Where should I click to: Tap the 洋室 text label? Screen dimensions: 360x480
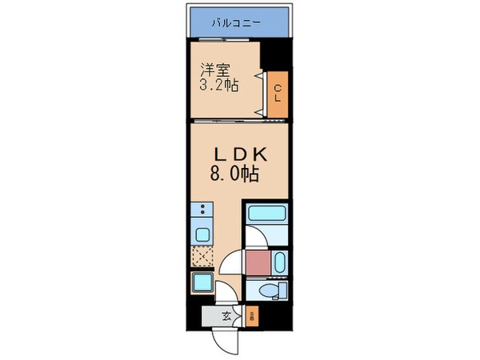pos(211,69)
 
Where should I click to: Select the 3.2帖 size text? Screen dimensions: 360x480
pos(214,84)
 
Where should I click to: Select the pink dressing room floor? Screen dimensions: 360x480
pos(258,262)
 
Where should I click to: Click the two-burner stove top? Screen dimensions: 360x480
pos(202,212)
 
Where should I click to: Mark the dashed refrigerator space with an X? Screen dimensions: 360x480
pos(202,258)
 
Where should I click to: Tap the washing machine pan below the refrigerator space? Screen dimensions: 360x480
pos(201,282)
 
